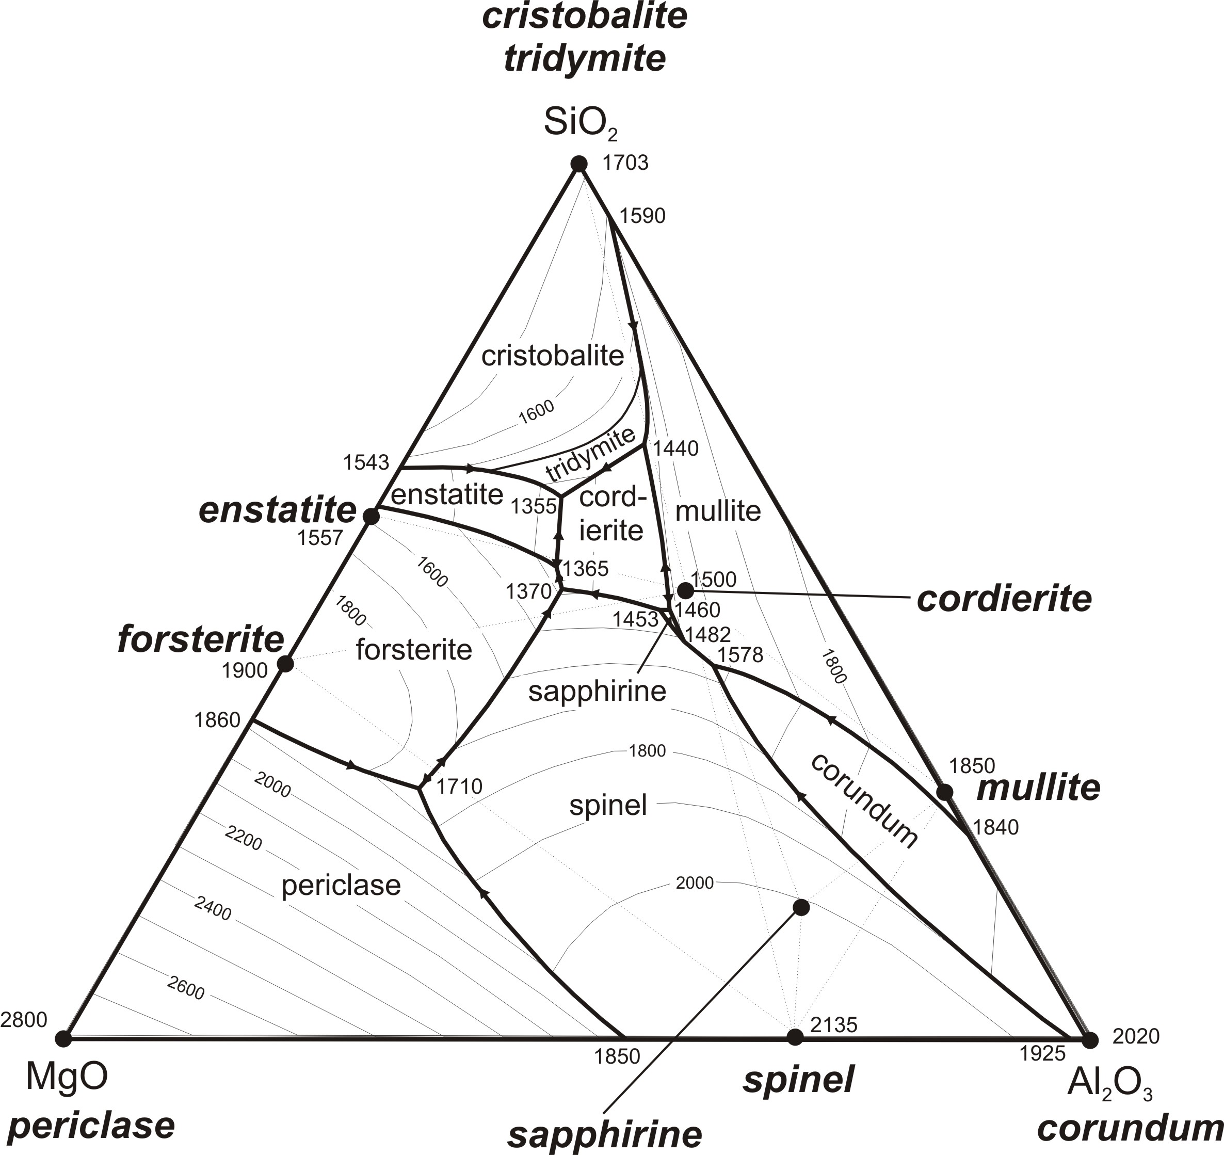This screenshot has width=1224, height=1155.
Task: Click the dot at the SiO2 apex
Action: (x=579, y=163)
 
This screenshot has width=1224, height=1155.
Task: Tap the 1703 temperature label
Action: (x=625, y=163)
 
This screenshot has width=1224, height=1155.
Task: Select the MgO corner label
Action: (x=67, y=1076)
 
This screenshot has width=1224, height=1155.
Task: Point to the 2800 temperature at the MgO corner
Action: (x=23, y=1020)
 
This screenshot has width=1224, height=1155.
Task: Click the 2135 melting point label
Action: (x=834, y=1024)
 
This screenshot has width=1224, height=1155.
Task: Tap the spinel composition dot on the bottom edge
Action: (x=796, y=1037)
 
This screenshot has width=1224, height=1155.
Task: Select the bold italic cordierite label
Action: (x=1004, y=599)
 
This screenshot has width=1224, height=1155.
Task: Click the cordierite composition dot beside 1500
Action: (x=685, y=590)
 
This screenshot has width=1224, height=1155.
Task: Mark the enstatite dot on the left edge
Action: (x=371, y=516)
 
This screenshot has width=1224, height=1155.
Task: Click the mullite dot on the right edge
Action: (x=944, y=792)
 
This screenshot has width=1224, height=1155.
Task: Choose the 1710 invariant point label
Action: (x=459, y=786)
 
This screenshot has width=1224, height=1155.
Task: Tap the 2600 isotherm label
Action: (x=185, y=988)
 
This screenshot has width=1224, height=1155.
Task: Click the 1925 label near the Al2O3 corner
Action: (x=1042, y=1053)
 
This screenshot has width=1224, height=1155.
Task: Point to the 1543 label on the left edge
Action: (x=366, y=462)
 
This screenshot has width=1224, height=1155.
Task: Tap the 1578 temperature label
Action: (x=740, y=655)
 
